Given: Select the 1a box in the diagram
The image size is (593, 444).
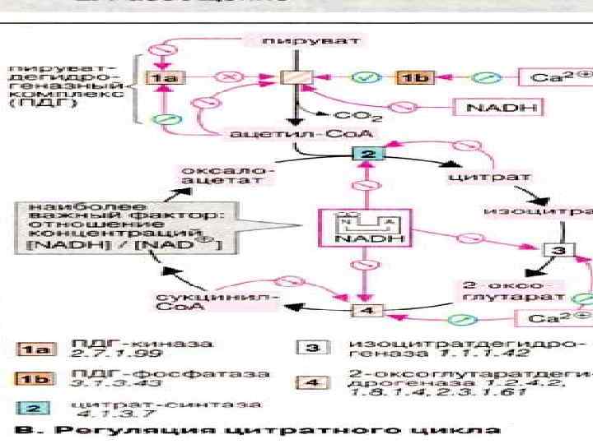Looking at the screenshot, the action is pos(165,77).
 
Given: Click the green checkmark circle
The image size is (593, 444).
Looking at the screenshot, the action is pos(363,77).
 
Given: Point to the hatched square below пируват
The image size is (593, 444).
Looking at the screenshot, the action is pos(293,78).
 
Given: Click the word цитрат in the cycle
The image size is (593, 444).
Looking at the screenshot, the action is pos(478,177).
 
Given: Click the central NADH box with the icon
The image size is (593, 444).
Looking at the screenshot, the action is pos(355,227).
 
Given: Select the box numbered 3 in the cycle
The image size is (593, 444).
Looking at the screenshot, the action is pos(558,250).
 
